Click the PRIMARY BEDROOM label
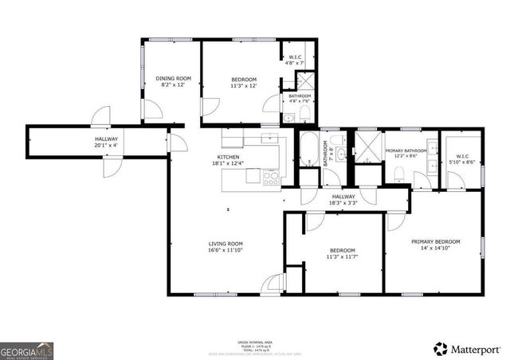pyautogui.click(x=433, y=245)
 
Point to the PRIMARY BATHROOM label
pyautogui.click(x=406, y=153)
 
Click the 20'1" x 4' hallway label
pyautogui.click(x=105, y=143)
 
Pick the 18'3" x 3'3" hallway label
pyautogui.click(x=344, y=200)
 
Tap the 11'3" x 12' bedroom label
pyautogui.click(x=244, y=81)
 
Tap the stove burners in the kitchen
pyautogui.click(x=271, y=177)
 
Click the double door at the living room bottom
pyautogui.click(x=276, y=284)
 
